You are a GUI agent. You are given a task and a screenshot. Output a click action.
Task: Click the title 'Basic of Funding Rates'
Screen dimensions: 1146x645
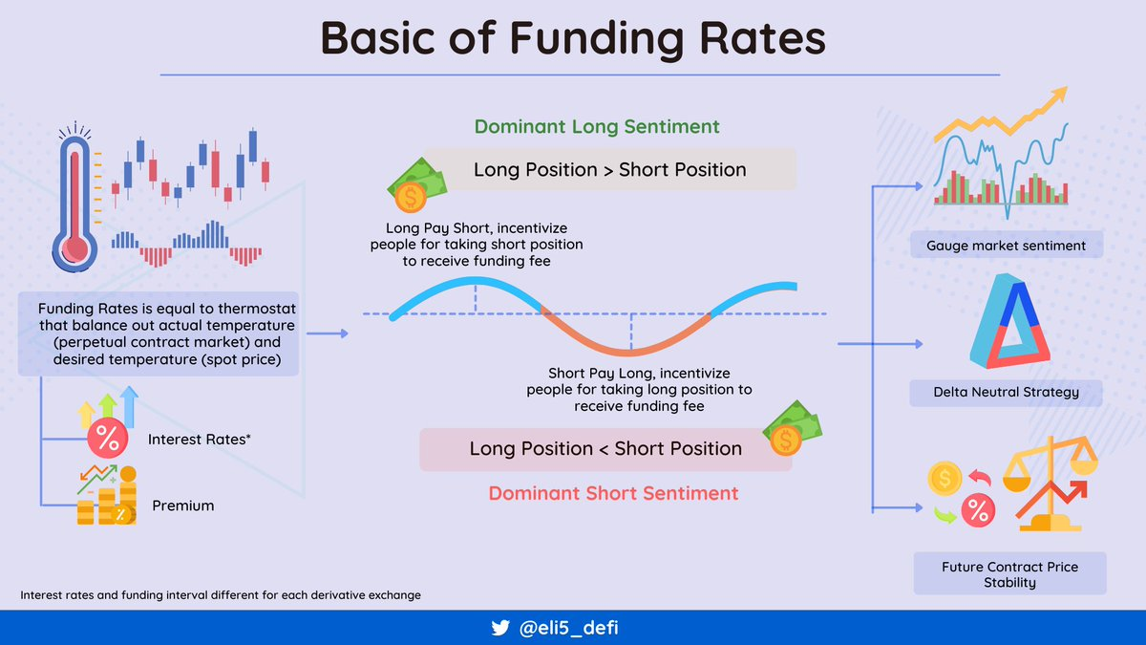pos(573,39)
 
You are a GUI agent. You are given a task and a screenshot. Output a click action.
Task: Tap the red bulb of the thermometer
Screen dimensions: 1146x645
pos(75,249)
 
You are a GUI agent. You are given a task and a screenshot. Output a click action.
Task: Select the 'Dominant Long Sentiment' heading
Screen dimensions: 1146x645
pos(597,126)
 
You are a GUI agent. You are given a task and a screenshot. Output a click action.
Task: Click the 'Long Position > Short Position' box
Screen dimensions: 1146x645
pos(609,169)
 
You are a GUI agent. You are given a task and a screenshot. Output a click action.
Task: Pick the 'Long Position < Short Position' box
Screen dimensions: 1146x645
pos(605,449)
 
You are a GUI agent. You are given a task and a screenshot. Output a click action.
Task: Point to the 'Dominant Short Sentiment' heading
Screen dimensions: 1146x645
pos(613,493)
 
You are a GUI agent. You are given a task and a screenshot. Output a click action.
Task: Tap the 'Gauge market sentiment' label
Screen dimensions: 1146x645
pos(1007,246)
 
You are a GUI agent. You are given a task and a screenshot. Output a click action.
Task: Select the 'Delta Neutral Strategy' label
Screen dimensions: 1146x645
pos(1006,392)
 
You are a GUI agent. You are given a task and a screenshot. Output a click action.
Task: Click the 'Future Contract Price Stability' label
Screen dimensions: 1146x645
pos(1010,574)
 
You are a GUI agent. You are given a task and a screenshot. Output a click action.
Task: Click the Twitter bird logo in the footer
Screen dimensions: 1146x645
pos(500,628)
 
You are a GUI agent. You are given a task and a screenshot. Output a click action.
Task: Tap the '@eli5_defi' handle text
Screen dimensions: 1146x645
pos(568,628)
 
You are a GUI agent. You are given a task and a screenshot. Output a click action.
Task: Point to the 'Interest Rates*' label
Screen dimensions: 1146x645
pos(199,440)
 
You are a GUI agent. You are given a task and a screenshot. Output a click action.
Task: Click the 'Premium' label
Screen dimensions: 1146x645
pos(182,505)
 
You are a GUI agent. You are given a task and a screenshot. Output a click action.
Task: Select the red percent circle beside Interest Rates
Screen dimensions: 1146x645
pos(107,438)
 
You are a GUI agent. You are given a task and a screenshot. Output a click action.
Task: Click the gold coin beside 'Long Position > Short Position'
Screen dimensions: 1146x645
pos(411,197)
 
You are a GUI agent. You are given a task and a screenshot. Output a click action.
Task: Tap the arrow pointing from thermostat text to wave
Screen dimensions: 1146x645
pos(328,333)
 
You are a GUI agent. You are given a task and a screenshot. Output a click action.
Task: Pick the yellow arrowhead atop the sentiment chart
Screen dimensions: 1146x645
pos(1059,96)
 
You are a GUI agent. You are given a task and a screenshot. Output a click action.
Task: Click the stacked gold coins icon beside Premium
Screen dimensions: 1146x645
pos(107,496)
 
